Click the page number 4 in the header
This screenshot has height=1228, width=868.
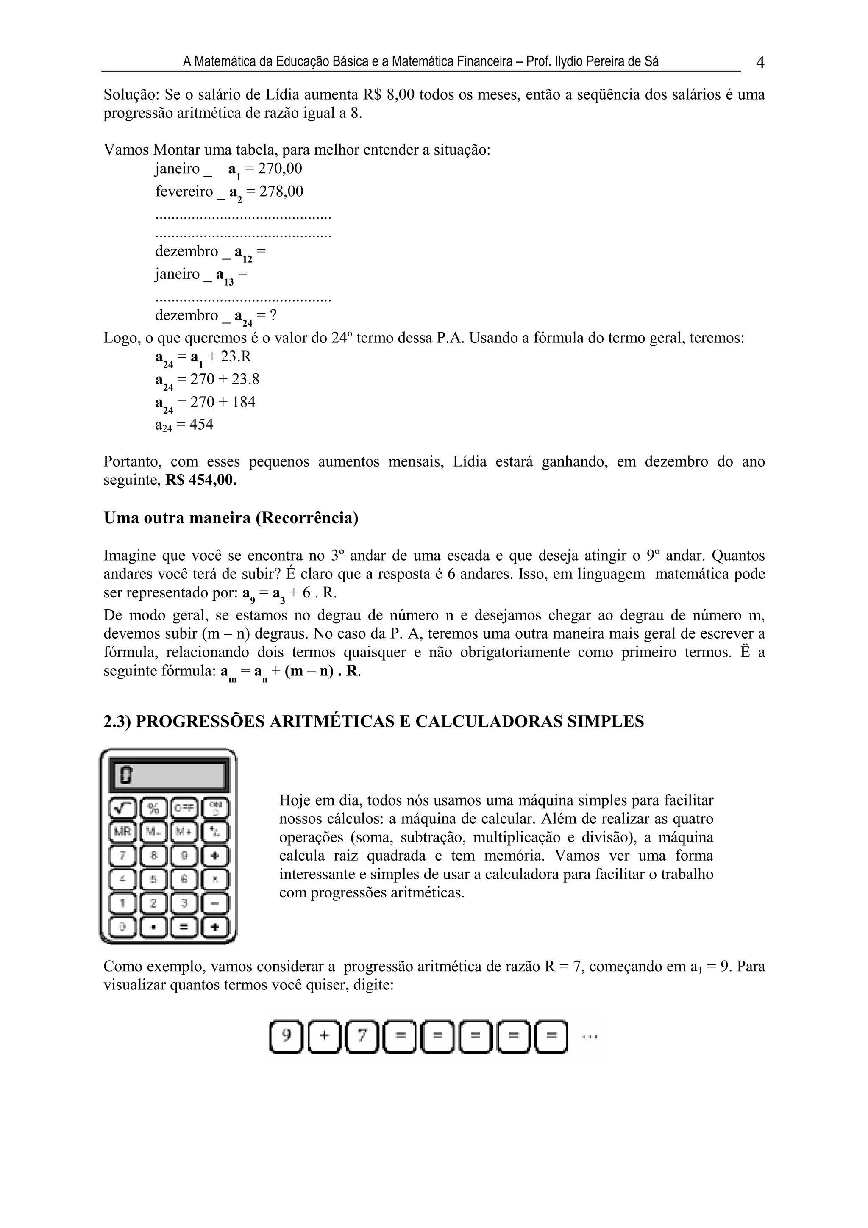coord(760,63)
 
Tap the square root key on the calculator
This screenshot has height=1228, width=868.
coord(123,808)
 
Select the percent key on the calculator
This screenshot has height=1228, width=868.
coord(153,808)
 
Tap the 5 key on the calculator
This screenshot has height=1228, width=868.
coord(153,878)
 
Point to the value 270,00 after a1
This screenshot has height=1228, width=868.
coord(280,169)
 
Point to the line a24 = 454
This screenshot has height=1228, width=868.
coord(184,425)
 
